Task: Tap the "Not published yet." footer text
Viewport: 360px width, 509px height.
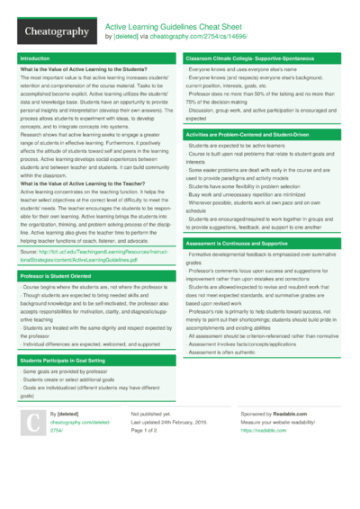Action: [150, 413]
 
